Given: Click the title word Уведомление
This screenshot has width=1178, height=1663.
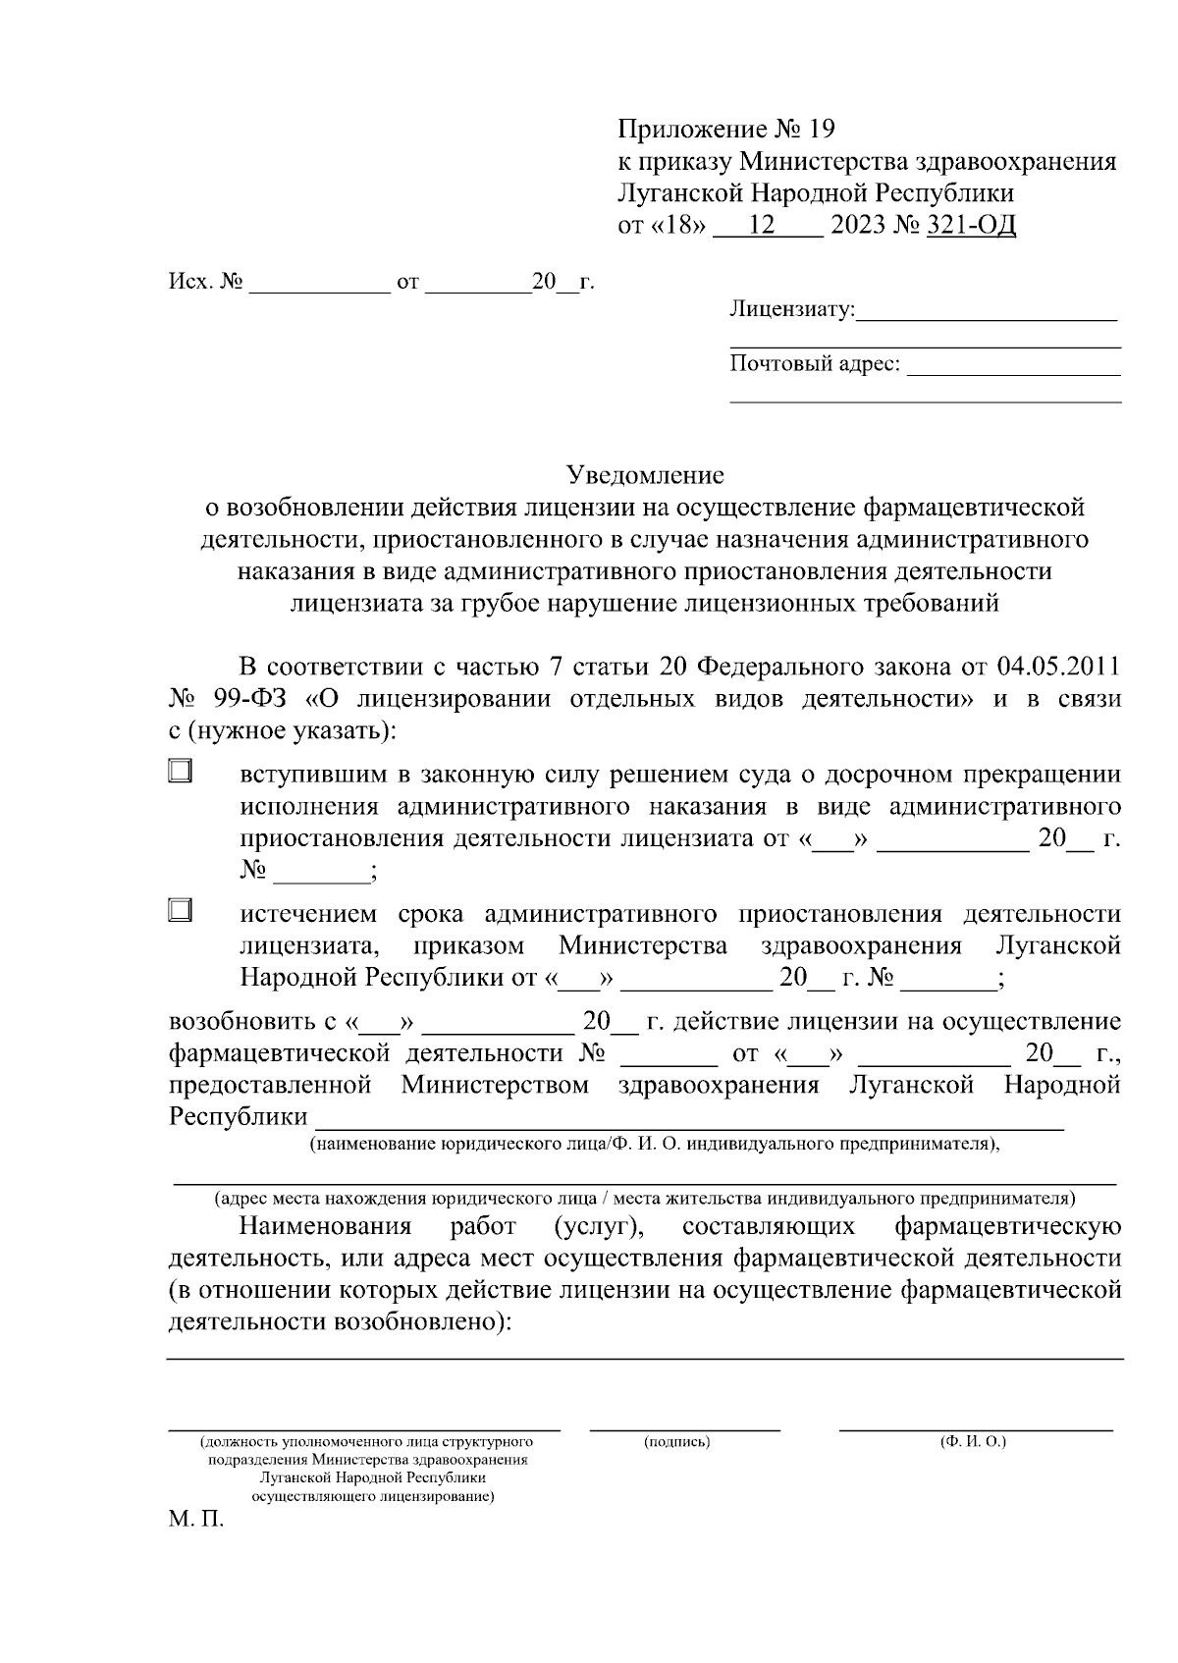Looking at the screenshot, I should click(x=645, y=475).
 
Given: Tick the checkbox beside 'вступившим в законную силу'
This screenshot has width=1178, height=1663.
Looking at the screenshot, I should click(x=179, y=771).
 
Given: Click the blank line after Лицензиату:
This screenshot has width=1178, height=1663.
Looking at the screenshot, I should click(x=987, y=314).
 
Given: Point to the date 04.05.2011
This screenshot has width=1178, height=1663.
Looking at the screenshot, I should click(x=1058, y=667).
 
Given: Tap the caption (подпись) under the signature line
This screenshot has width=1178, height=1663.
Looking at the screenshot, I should click(x=677, y=1441).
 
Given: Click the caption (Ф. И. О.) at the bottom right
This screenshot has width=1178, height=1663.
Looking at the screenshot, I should click(x=973, y=1441).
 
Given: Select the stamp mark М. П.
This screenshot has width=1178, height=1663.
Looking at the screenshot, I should click(x=195, y=1521).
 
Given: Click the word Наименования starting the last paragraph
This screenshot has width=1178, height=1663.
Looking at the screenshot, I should click(x=325, y=1226).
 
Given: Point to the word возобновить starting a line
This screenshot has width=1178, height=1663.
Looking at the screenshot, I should click(x=240, y=1022).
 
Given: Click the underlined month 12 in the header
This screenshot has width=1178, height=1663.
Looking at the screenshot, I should click(x=761, y=226).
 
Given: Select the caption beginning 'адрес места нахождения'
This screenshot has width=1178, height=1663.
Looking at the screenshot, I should click(x=645, y=1199).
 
